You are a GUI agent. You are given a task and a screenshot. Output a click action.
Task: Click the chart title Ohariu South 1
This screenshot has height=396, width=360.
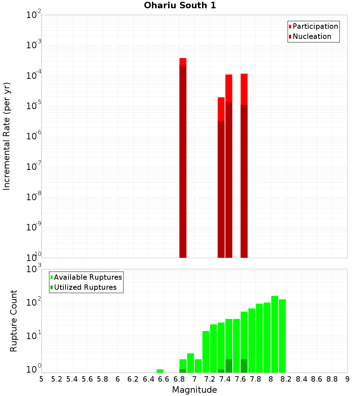tap(180, 5)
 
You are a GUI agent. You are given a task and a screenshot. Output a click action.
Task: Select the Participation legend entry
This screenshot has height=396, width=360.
tap(313, 26)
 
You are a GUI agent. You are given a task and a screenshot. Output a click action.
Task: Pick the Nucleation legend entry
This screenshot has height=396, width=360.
tap(310, 36)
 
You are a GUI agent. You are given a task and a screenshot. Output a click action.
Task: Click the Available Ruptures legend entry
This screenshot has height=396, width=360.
tap(86, 277)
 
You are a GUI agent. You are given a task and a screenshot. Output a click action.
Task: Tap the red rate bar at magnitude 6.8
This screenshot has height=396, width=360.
tap(183, 158)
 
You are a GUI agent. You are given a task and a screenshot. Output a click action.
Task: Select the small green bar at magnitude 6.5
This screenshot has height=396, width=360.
tap(160, 371)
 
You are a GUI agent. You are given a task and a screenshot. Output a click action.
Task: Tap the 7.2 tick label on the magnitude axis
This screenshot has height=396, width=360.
tap(210, 379)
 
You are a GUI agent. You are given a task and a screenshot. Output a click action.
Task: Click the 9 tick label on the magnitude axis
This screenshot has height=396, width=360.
tap(347, 379)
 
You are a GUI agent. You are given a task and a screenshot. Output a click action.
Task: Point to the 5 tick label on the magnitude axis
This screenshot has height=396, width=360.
tap(41, 379)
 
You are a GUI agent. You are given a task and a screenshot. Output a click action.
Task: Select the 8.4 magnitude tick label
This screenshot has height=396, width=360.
tap(301, 379)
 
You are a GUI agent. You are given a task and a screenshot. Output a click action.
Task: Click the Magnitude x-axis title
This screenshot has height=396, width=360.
tap(194, 390)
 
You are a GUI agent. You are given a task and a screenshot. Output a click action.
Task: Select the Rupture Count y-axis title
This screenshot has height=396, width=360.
tap(14, 321)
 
